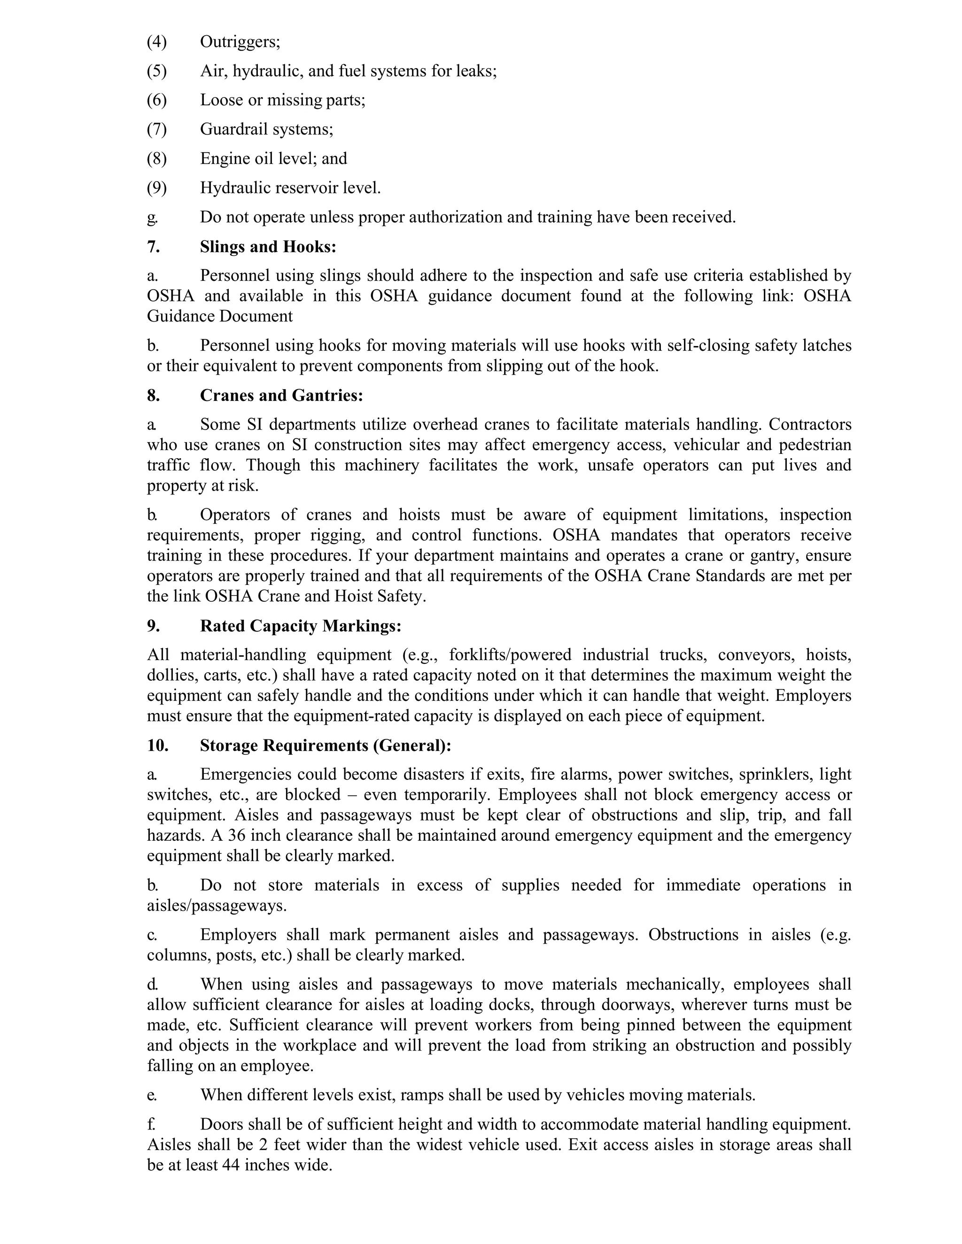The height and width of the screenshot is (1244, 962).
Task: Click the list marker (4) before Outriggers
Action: pos(157,42)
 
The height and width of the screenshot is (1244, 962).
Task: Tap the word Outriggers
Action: pos(240,42)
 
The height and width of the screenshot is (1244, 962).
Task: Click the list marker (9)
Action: pos(157,188)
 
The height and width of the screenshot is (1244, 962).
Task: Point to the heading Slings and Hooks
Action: pos(268,246)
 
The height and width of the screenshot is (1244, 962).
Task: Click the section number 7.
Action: pos(153,246)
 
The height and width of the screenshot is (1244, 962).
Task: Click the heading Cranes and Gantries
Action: pos(281,395)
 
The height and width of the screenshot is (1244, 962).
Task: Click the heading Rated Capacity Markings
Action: pos(300,626)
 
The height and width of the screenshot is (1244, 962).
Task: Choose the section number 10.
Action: pos(157,745)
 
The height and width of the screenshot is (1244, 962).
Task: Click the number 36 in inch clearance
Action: pos(237,836)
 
